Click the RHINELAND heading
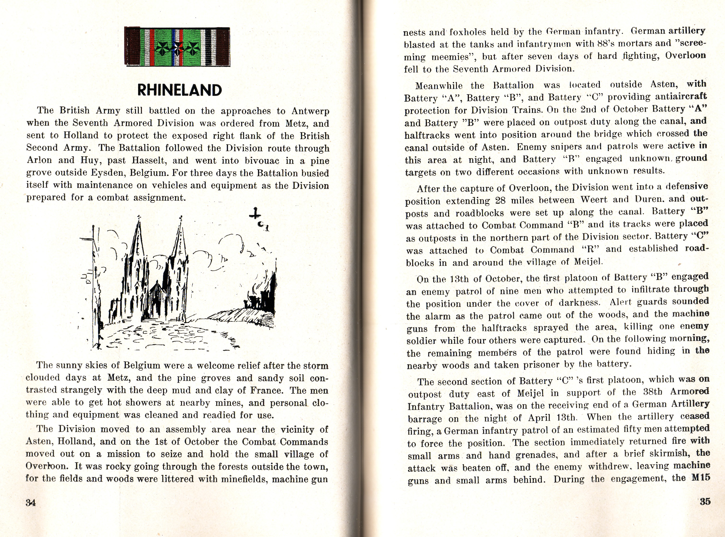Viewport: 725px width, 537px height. click(180, 90)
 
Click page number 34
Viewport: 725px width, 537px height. click(30, 502)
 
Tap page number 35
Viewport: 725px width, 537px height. click(705, 501)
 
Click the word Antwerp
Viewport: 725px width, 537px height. click(310, 111)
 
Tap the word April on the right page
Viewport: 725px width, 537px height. click(550, 417)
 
